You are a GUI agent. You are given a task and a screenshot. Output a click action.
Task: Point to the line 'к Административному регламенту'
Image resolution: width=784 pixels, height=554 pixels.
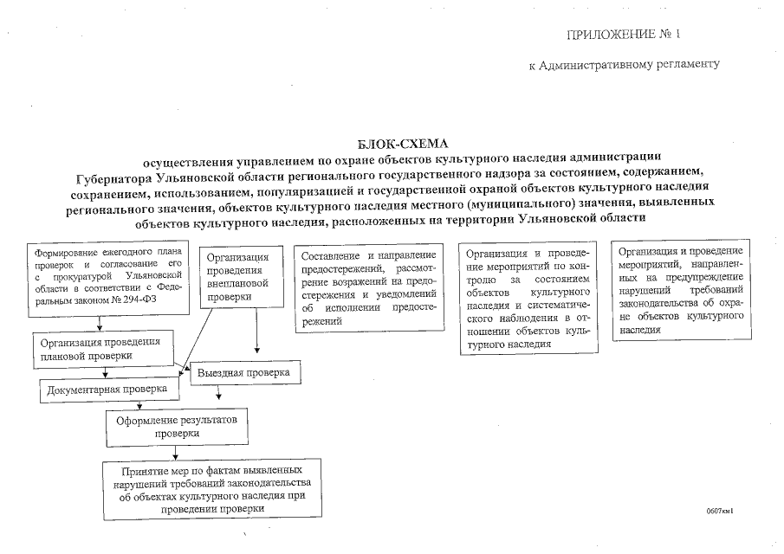pyautogui.click(x=624, y=65)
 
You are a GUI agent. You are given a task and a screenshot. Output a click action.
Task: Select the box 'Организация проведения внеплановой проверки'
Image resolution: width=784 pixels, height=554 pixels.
pyautogui.click(x=243, y=277)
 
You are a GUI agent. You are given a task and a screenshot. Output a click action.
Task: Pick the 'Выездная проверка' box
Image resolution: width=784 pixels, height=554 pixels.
pyautogui.click(x=245, y=372)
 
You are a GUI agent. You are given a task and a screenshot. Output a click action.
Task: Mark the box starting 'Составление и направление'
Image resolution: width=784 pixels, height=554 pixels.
pyautogui.click(x=367, y=288)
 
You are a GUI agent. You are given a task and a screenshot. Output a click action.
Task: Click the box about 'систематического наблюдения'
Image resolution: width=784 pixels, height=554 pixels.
pyautogui.click(x=528, y=298)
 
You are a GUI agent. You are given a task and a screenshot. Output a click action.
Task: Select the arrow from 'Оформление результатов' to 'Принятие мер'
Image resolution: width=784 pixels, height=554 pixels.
pyautogui.click(x=177, y=452)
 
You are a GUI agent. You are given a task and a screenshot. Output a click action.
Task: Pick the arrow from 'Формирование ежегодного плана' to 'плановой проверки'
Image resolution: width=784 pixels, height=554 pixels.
pyautogui.click(x=102, y=324)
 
